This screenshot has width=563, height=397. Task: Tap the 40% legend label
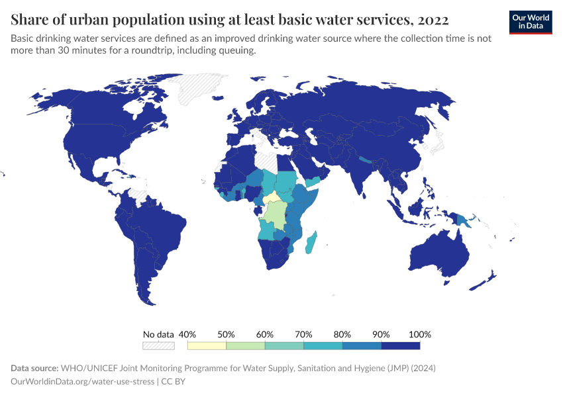coord(188,334)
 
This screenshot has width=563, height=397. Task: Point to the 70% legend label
coord(303,334)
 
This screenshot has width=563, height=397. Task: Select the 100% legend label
coord(420,334)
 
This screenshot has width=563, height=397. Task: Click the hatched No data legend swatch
coord(158,345)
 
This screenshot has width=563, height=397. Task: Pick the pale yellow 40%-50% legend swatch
coord(207,345)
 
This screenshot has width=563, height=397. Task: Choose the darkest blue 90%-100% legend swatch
coord(401,345)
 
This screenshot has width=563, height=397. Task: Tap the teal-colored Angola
coord(266,230)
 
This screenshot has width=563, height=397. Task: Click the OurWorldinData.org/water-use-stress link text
coord(82,381)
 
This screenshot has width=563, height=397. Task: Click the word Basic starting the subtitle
coord(24,38)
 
